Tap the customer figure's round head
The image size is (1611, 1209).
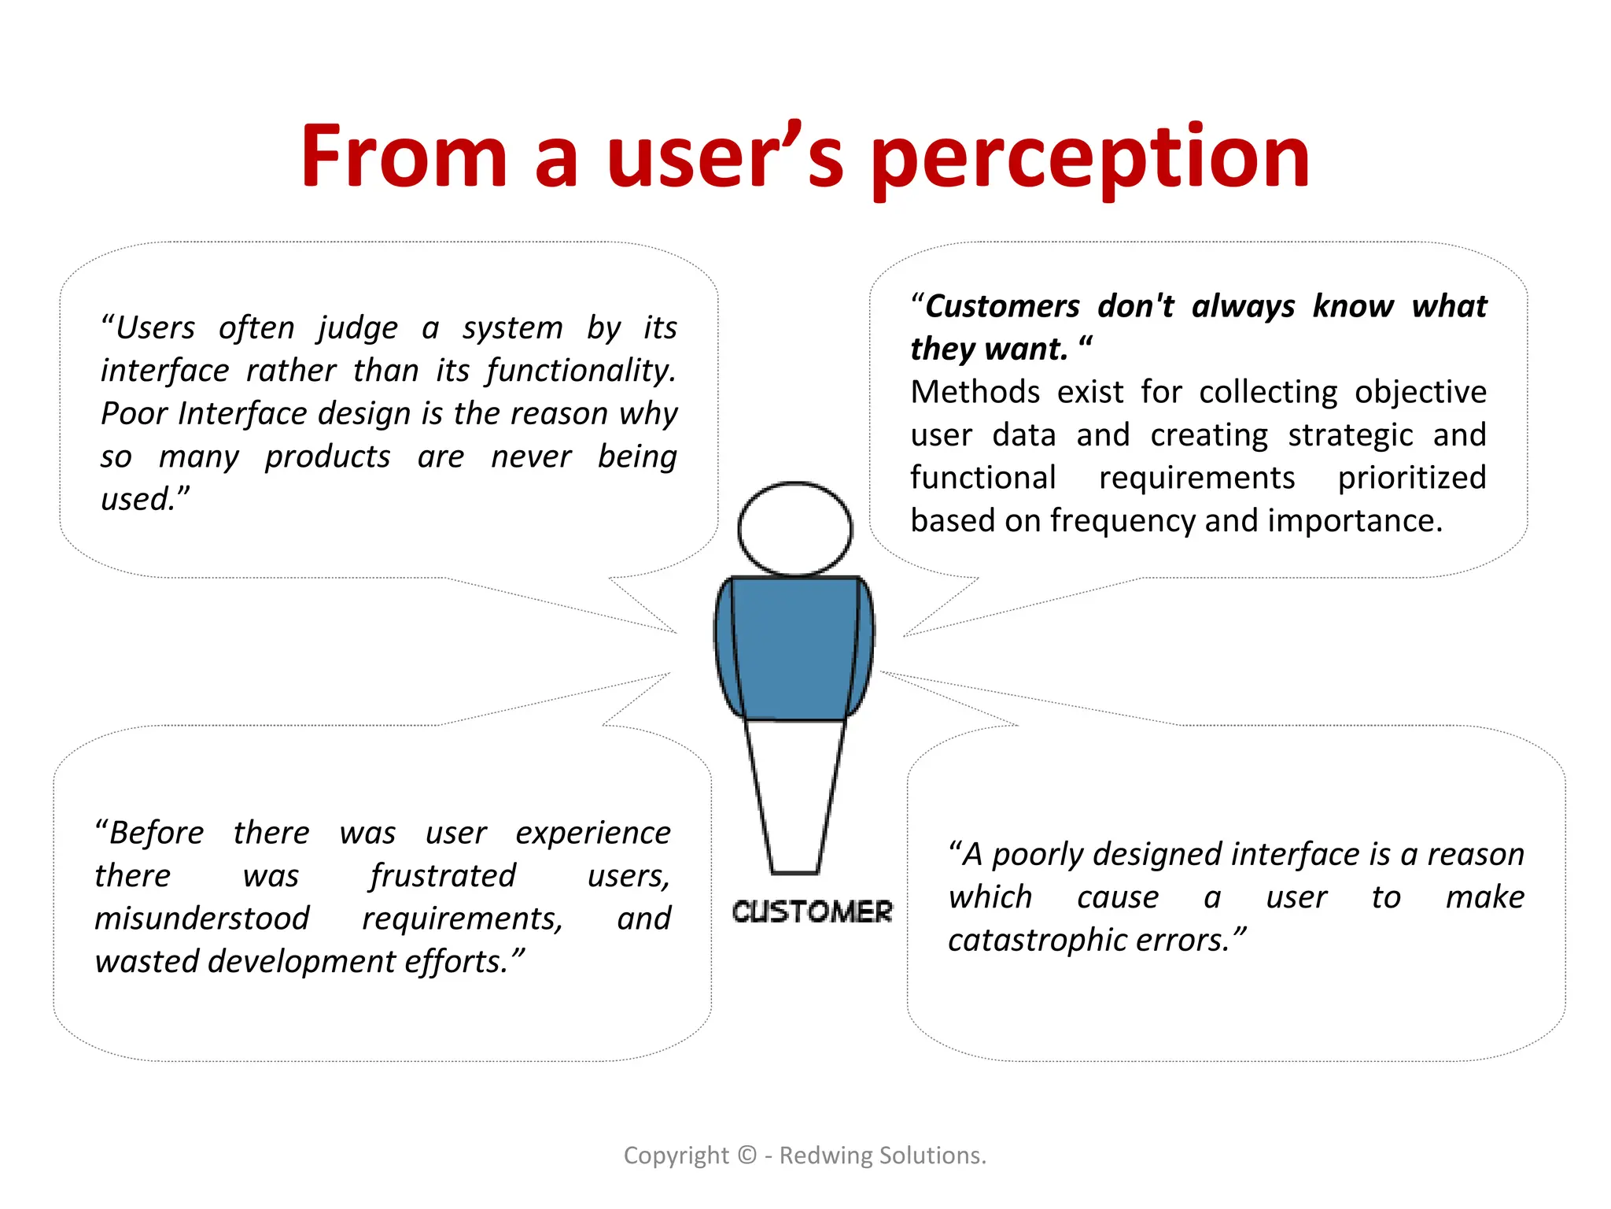(x=794, y=528)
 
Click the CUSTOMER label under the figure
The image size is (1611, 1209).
(x=812, y=911)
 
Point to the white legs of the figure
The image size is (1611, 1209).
(x=794, y=795)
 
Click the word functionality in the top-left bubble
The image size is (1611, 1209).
(x=581, y=371)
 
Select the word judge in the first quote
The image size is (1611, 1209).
(x=357, y=327)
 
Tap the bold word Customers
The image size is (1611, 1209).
(x=1003, y=306)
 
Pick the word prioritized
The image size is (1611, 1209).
(x=1411, y=478)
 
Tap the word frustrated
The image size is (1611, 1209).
(x=443, y=876)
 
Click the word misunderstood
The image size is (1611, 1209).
(x=202, y=919)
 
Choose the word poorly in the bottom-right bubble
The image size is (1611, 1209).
(x=1038, y=855)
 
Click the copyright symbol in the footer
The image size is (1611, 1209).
(x=747, y=1155)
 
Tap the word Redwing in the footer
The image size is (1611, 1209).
(x=825, y=1155)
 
